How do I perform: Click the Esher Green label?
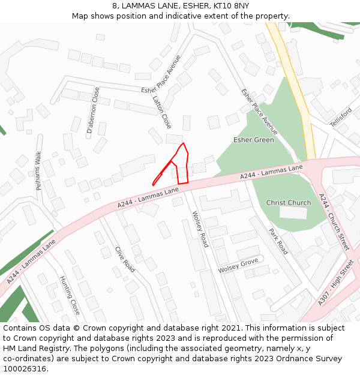[253, 140]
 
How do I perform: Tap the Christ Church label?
[289, 203]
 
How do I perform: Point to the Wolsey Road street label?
[200, 229]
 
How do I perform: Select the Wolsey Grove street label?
[238, 265]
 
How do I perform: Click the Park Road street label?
[278, 241]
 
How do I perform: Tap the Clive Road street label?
[125, 259]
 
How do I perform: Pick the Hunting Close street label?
[70, 295]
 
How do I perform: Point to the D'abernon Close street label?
[93, 110]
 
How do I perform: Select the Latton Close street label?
[162, 112]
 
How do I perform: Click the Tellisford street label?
[341, 116]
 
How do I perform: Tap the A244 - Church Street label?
[334, 221]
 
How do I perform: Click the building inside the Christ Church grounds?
[293, 213]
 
